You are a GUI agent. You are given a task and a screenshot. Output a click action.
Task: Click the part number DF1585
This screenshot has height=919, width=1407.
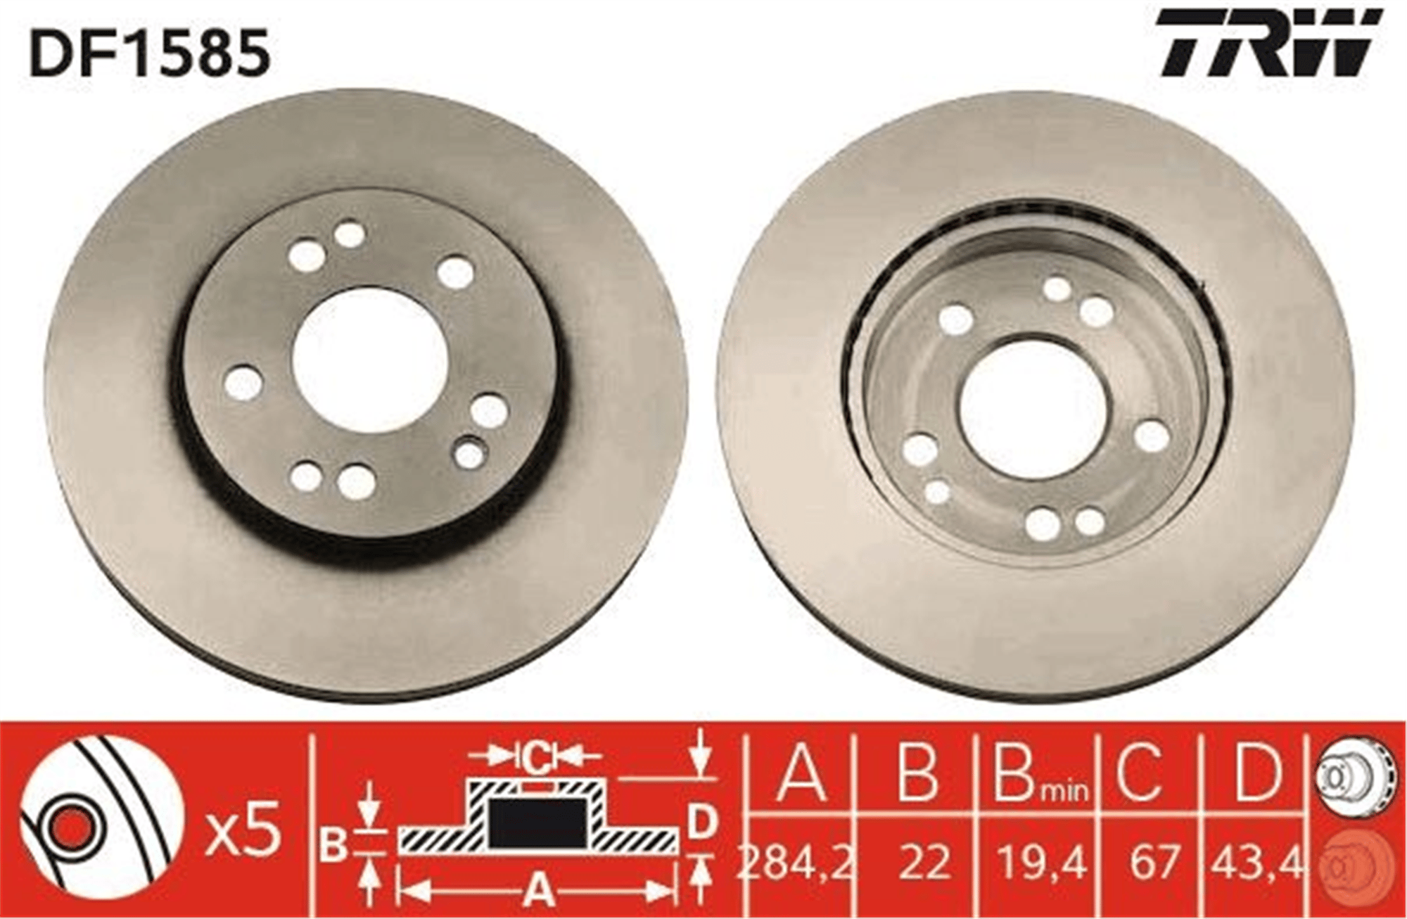click(x=150, y=53)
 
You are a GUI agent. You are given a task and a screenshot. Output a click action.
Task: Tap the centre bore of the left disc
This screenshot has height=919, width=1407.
click(x=370, y=360)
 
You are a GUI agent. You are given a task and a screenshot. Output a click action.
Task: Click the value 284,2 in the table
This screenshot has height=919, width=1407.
click(x=796, y=861)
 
